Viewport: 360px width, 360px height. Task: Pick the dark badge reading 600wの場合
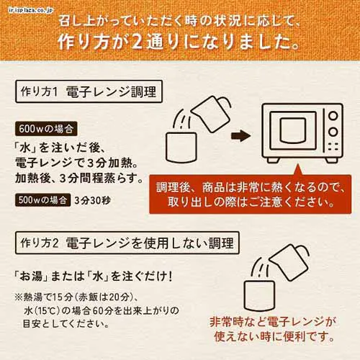(x=46, y=130)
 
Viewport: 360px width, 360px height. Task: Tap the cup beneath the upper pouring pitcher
(x=182, y=148)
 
